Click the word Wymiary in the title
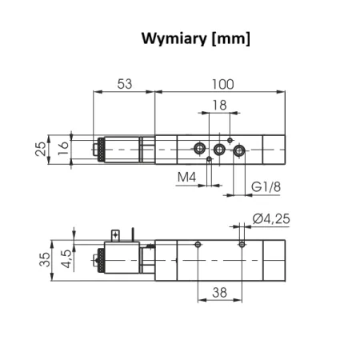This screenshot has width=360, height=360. click(174, 38)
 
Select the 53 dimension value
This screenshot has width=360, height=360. click(125, 84)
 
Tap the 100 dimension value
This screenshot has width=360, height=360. click(223, 84)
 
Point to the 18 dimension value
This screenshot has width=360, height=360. click(219, 105)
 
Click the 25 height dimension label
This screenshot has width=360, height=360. click(41, 149)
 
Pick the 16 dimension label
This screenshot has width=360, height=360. click(63, 148)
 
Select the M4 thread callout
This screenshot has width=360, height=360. click(186, 177)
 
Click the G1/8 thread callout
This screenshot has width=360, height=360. click(266, 186)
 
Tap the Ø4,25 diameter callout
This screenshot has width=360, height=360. click(271, 219)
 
